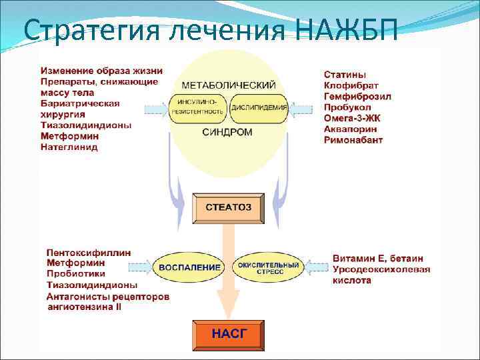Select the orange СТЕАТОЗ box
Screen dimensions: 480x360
[228, 207]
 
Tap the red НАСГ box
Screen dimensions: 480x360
[228, 334]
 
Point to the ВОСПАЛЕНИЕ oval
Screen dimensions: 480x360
[190, 267]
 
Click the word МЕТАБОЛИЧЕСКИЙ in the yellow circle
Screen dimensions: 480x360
[229, 85]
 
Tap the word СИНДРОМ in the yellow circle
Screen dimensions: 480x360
[227, 133]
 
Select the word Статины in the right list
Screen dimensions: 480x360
[345, 75]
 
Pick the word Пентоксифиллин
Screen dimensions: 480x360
[89, 253]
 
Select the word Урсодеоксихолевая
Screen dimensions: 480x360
[381, 269]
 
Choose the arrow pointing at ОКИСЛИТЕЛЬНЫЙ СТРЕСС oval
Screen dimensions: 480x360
[316, 267]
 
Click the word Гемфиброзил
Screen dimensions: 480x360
[357, 97]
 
